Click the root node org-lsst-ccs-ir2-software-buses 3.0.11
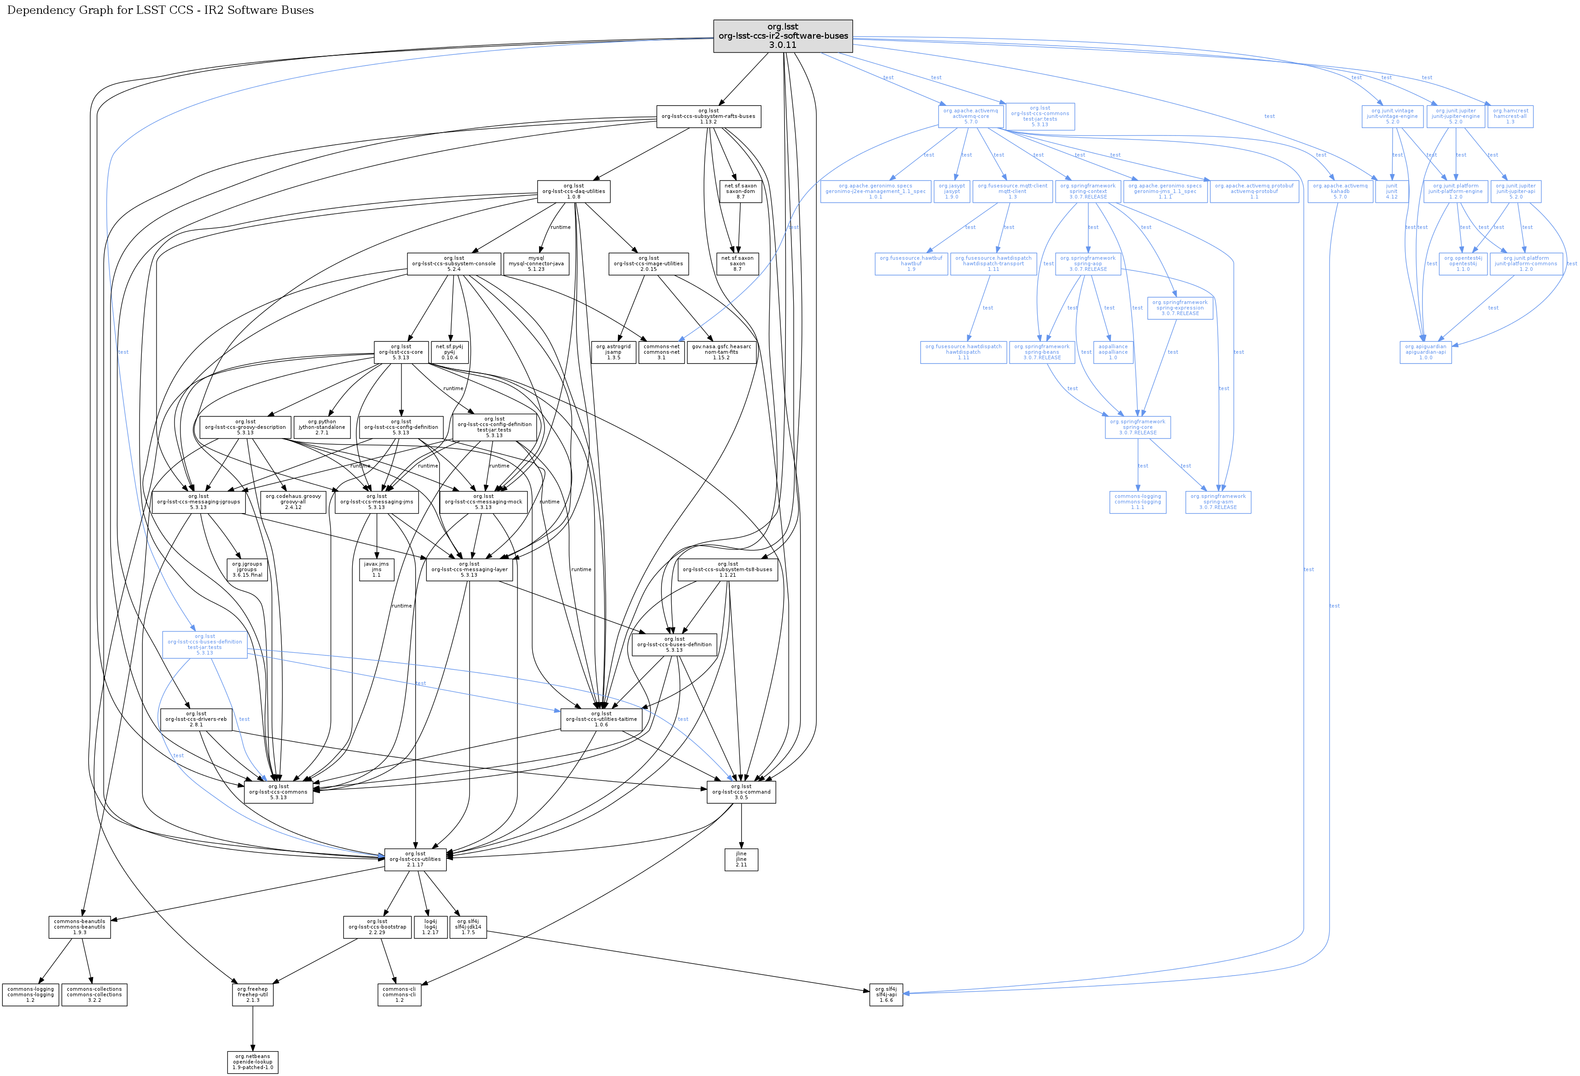coord(783,36)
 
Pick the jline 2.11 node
coord(741,859)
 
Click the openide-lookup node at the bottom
coord(252,1062)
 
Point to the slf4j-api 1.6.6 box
coord(885,994)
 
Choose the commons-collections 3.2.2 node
coord(94,994)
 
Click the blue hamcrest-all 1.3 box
coord(1510,117)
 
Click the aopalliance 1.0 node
coord(1112,352)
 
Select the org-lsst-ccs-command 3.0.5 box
coord(741,792)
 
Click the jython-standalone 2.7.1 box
coord(322,427)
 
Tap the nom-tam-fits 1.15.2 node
coord(721,352)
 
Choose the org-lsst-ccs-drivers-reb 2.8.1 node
coord(196,719)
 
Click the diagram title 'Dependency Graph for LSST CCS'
coord(161,10)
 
